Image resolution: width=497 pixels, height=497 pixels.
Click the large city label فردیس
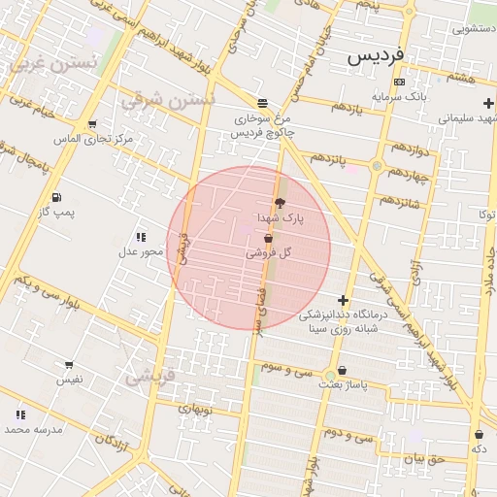coord(386,57)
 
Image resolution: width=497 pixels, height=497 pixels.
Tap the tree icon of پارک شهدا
coord(282,203)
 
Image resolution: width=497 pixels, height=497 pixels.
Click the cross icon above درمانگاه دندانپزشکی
coord(342,300)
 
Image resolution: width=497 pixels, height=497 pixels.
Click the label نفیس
coord(69,379)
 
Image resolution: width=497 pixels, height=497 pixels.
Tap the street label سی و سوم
coord(291,370)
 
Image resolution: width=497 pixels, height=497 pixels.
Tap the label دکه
coord(479,448)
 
